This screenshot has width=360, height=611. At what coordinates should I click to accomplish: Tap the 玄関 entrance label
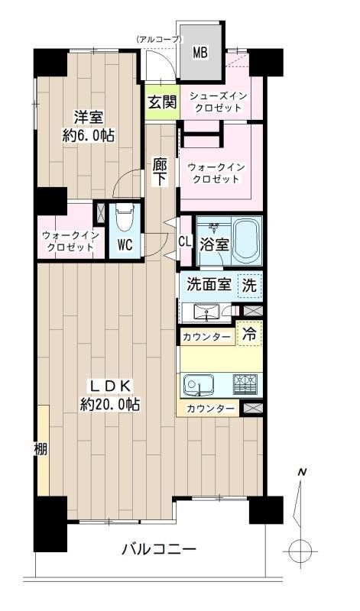pyautogui.click(x=162, y=102)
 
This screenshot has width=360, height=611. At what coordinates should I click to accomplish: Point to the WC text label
pyautogui.click(x=125, y=246)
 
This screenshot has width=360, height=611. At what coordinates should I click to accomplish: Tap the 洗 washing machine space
pyautogui.click(x=250, y=286)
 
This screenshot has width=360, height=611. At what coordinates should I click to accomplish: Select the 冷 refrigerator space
pyautogui.click(x=250, y=334)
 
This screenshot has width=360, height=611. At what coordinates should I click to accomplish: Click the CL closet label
pyautogui.click(x=185, y=241)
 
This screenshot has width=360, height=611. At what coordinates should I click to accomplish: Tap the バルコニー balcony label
pyautogui.click(x=159, y=550)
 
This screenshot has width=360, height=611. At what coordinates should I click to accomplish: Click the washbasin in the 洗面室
pyautogui.click(x=205, y=312)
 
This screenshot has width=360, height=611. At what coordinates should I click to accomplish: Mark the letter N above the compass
pyautogui.click(x=303, y=473)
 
